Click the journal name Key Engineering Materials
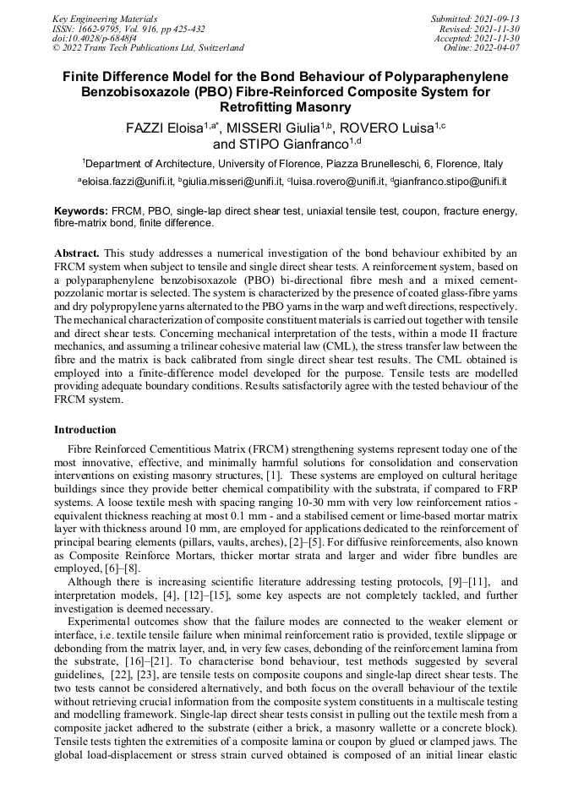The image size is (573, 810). tap(93, 18)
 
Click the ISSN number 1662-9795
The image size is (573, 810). tap(104, 28)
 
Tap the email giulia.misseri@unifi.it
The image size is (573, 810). tap(232, 182)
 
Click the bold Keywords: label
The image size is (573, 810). tap(81, 210)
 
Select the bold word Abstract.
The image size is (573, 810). tap(78, 253)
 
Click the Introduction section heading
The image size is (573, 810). tap(85, 430)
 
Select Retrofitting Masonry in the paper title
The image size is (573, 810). tap(286, 107)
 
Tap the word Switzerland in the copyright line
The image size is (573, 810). tap(216, 48)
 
